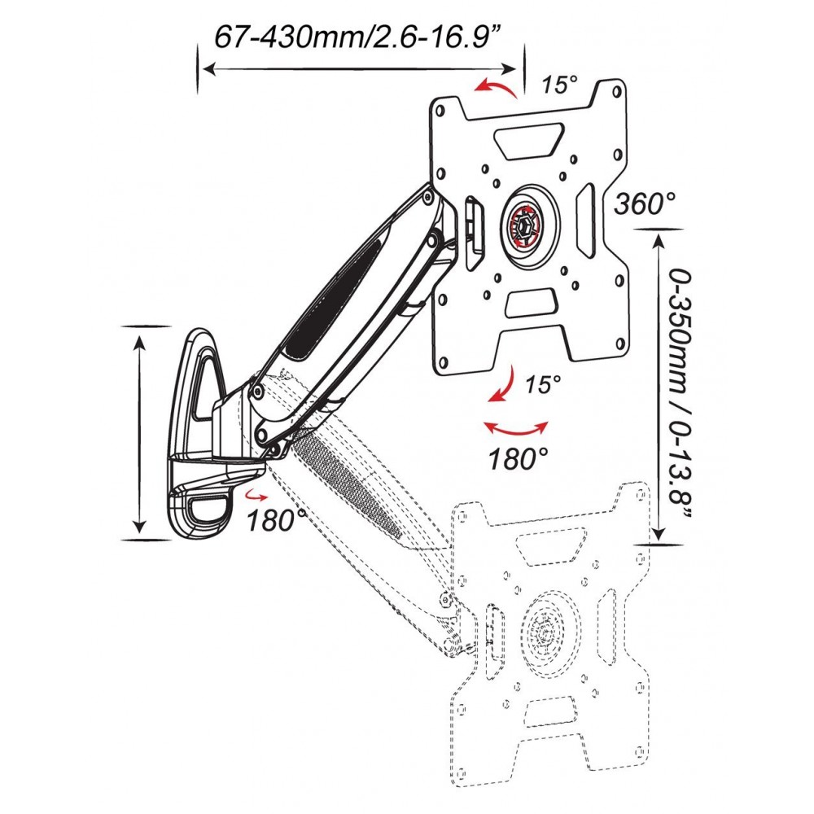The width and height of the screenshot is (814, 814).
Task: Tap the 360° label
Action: click(x=646, y=203)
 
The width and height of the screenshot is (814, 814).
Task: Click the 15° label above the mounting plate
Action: click(x=560, y=85)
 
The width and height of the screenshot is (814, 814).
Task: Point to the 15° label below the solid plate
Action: click(x=543, y=385)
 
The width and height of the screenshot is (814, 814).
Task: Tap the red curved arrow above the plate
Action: click(x=496, y=88)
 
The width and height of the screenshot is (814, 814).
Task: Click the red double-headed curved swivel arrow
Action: click(x=515, y=430)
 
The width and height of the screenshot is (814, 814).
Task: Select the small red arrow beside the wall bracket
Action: click(x=256, y=495)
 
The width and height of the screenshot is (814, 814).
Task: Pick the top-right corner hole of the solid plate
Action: click(x=617, y=91)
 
